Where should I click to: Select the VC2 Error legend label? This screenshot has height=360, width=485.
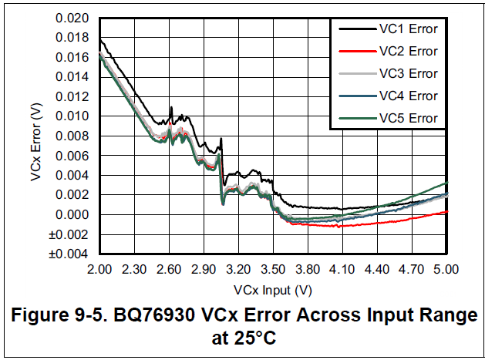tap(408, 52)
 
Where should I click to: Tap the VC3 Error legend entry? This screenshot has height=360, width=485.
tap(408, 74)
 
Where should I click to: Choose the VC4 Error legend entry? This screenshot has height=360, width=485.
tap(408, 96)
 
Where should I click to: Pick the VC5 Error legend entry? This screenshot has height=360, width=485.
tap(408, 118)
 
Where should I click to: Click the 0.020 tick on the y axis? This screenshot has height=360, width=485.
tap(73, 18)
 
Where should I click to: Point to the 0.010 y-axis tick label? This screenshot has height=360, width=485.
tap(73, 116)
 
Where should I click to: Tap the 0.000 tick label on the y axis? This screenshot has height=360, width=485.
tap(73, 214)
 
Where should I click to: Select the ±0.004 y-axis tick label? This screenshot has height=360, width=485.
tap(72, 254)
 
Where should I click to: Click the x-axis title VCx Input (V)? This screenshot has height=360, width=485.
tap(273, 290)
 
